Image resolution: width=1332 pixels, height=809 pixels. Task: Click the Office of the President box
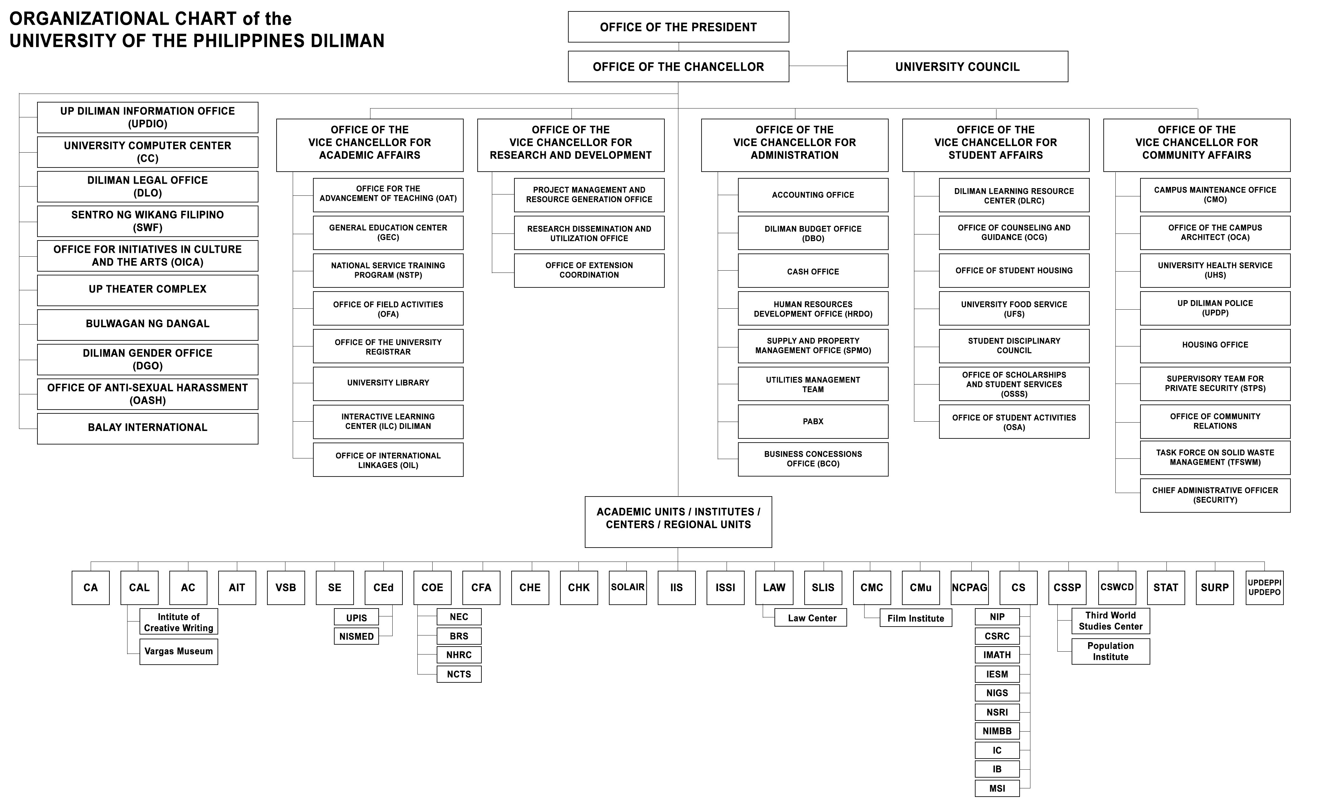(x=678, y=27)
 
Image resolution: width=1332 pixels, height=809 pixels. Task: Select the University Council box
(x=957, y=67)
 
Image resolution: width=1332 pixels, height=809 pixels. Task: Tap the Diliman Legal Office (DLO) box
(x=147, y=187)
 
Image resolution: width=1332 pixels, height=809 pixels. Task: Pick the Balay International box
(x=147, y=428)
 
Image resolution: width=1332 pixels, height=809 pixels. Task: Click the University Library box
(x=388, y=384)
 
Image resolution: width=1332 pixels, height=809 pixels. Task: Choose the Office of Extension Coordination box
(x=589, y=270)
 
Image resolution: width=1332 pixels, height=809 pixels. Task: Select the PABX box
(x=813, y=421)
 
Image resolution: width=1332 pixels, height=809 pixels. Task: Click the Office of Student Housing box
(x=1014, y=270)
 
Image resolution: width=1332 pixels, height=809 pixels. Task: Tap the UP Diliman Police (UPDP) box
(x=1215, y=308)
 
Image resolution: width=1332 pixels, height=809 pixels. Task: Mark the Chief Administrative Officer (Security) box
(x=1215, y=495)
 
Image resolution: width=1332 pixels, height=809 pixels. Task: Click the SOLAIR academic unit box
(x=628, y=587)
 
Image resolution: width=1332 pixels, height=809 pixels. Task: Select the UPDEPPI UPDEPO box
(x=1264, y=587)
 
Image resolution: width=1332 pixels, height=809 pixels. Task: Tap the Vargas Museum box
(x=179, y=652)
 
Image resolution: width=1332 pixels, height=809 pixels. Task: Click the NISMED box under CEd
(x=356, y=636)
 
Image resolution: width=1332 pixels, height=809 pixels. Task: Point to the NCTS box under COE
(x=459, y=674)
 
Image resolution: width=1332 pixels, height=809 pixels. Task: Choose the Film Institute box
(x=916, y=618)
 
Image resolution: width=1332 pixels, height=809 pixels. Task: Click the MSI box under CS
(x=997, y=788)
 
